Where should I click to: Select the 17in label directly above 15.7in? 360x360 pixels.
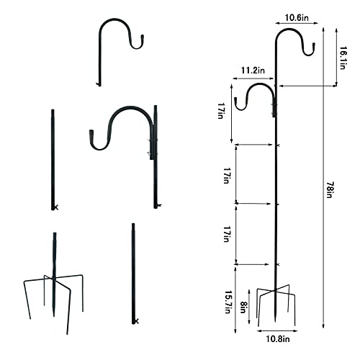tap(227, 234)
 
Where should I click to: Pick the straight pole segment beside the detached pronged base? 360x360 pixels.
tap(134, 274)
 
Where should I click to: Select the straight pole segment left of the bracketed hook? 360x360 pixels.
tap(53, 158)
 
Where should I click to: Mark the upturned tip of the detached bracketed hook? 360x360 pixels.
tap(91, 137)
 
